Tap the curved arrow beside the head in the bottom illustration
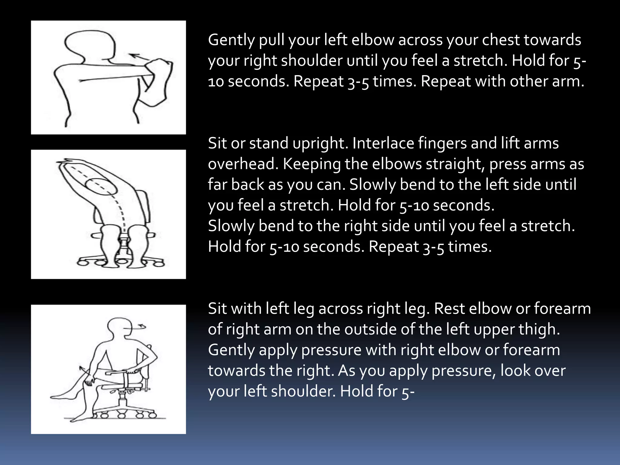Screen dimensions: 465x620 (x=140, y=327)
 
